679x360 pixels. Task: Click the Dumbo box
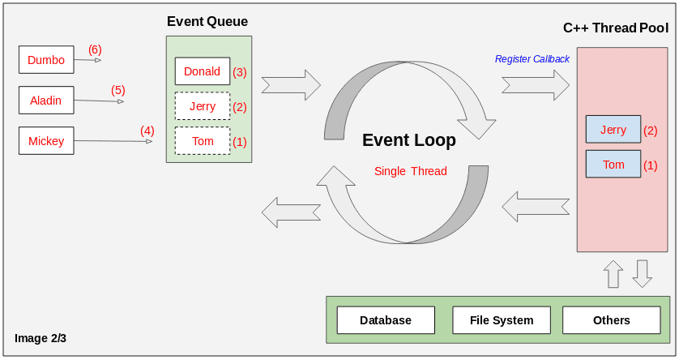pyautogui.click(x=46, y=59)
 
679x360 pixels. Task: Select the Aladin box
pyautogui.click(x=46, y=101)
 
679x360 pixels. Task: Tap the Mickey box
pyautogui.click(x=46, y=141)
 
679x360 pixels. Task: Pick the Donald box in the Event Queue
pyautogui.click(x=203, y=71)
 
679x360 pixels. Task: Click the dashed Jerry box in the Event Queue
pyautogui.click(x=203, y=106)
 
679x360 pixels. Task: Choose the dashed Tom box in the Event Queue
pyautogui.click(x=203, y=141)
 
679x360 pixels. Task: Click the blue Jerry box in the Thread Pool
pyautogui.click(x=613, y=130)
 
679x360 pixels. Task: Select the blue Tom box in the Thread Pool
pyautogui.click(x=613, y=165)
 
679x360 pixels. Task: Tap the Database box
pyautogui.click(x=386, y=320)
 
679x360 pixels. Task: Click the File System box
pyautogui.click(x=502, y=320)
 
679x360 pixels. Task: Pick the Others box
pyautogui.click(x=612, y=320)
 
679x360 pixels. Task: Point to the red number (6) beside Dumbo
pyautogui.click(x=95, y=49)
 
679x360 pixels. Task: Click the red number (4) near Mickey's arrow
pyautogui.click(x=147, y=130)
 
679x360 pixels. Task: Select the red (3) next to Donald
pyautogui.click(x=240, y=72)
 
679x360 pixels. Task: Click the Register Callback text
pyautogui.click(x=532, y=59)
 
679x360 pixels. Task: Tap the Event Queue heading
pyautogui.click(x=207, y=22)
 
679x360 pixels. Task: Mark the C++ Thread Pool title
pyautogui.click(x=616, y=28)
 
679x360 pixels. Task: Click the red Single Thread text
pyautogui.click(x=411, y=171)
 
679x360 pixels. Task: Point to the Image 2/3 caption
pyautogui.click(x=41, y=338)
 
